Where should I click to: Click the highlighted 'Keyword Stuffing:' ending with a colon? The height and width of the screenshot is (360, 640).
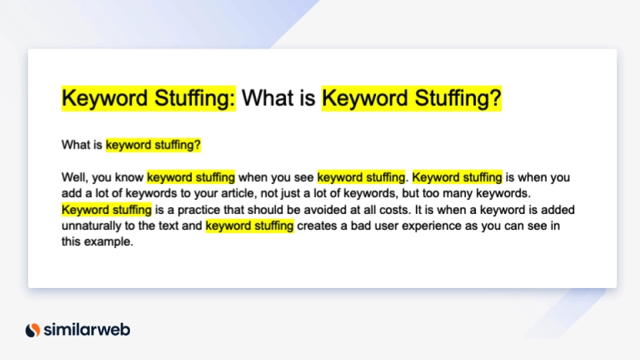149,99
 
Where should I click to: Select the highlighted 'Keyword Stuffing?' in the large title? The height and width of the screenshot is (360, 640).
411,99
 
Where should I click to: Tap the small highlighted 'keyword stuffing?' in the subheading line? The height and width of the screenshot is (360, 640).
153,145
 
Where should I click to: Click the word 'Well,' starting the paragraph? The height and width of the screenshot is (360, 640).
74,177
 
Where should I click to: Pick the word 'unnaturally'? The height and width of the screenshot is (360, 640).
90,226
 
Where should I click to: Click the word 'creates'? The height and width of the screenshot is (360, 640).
316,226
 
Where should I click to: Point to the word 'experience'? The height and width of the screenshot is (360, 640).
437,226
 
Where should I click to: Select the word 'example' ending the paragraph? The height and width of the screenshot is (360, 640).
108,242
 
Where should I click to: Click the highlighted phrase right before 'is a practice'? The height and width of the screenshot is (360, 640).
107,209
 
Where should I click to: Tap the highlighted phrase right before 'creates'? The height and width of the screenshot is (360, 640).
249,226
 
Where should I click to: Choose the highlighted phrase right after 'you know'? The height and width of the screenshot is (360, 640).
191,177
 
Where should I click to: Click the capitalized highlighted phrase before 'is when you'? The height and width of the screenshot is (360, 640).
457,177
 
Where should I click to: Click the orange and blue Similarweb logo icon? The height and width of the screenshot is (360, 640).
33,329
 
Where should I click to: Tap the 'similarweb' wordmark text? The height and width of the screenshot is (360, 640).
87,329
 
